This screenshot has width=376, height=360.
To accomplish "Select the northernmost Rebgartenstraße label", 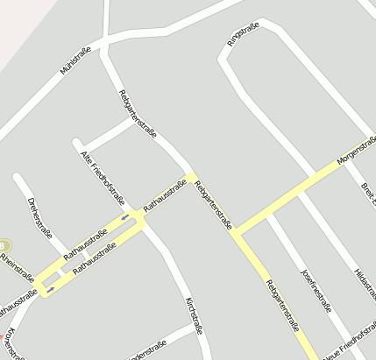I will [138, 114].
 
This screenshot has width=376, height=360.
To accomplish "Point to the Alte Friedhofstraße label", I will [103, 178].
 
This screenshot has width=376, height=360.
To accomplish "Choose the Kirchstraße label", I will [194, 316].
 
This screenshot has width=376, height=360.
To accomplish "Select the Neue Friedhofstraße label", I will [349, 348].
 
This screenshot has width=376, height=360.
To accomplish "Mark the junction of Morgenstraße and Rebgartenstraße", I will [235, 233].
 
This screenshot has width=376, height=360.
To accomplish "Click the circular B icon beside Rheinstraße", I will [4, 248].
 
